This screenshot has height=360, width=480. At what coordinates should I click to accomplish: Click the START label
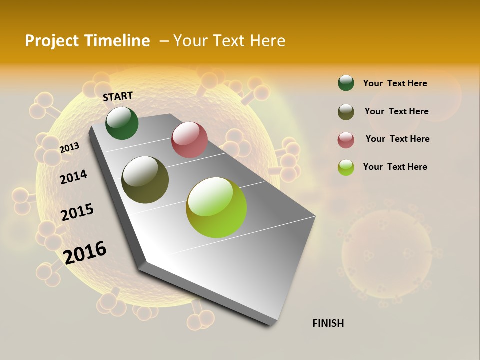pos(118,96)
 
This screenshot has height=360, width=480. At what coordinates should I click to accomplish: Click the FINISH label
pos(328,323)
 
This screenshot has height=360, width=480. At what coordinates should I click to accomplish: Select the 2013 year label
pos(69,148)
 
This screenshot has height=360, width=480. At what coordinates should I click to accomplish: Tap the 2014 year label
pos(73,177)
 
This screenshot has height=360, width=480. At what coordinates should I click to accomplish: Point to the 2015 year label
pos(77,212)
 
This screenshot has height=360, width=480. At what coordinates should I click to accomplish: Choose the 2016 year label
pos(85,252)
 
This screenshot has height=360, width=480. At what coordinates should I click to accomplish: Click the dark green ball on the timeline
pos(122,123)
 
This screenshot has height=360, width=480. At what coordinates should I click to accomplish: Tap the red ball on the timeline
pos(189,140)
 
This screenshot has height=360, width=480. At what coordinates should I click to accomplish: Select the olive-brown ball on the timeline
pos(145,180)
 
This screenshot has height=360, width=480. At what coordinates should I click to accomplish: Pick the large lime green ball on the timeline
pos(216,207)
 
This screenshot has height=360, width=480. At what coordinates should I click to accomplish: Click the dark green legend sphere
pos(346,83)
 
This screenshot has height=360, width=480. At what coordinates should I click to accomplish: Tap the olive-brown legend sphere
pos(346,112)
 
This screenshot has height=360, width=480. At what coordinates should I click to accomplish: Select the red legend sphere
pos(346,140)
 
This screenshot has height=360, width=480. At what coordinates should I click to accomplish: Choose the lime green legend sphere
pos(346,167)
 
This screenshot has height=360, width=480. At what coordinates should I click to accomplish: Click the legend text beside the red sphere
pos(397,139)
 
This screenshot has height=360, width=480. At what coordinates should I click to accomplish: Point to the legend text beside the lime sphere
pos(395,167)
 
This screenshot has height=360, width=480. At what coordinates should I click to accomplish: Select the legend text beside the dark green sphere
pos(395,83)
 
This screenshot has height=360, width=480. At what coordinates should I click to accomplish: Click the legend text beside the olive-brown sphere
pos(396,111)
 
